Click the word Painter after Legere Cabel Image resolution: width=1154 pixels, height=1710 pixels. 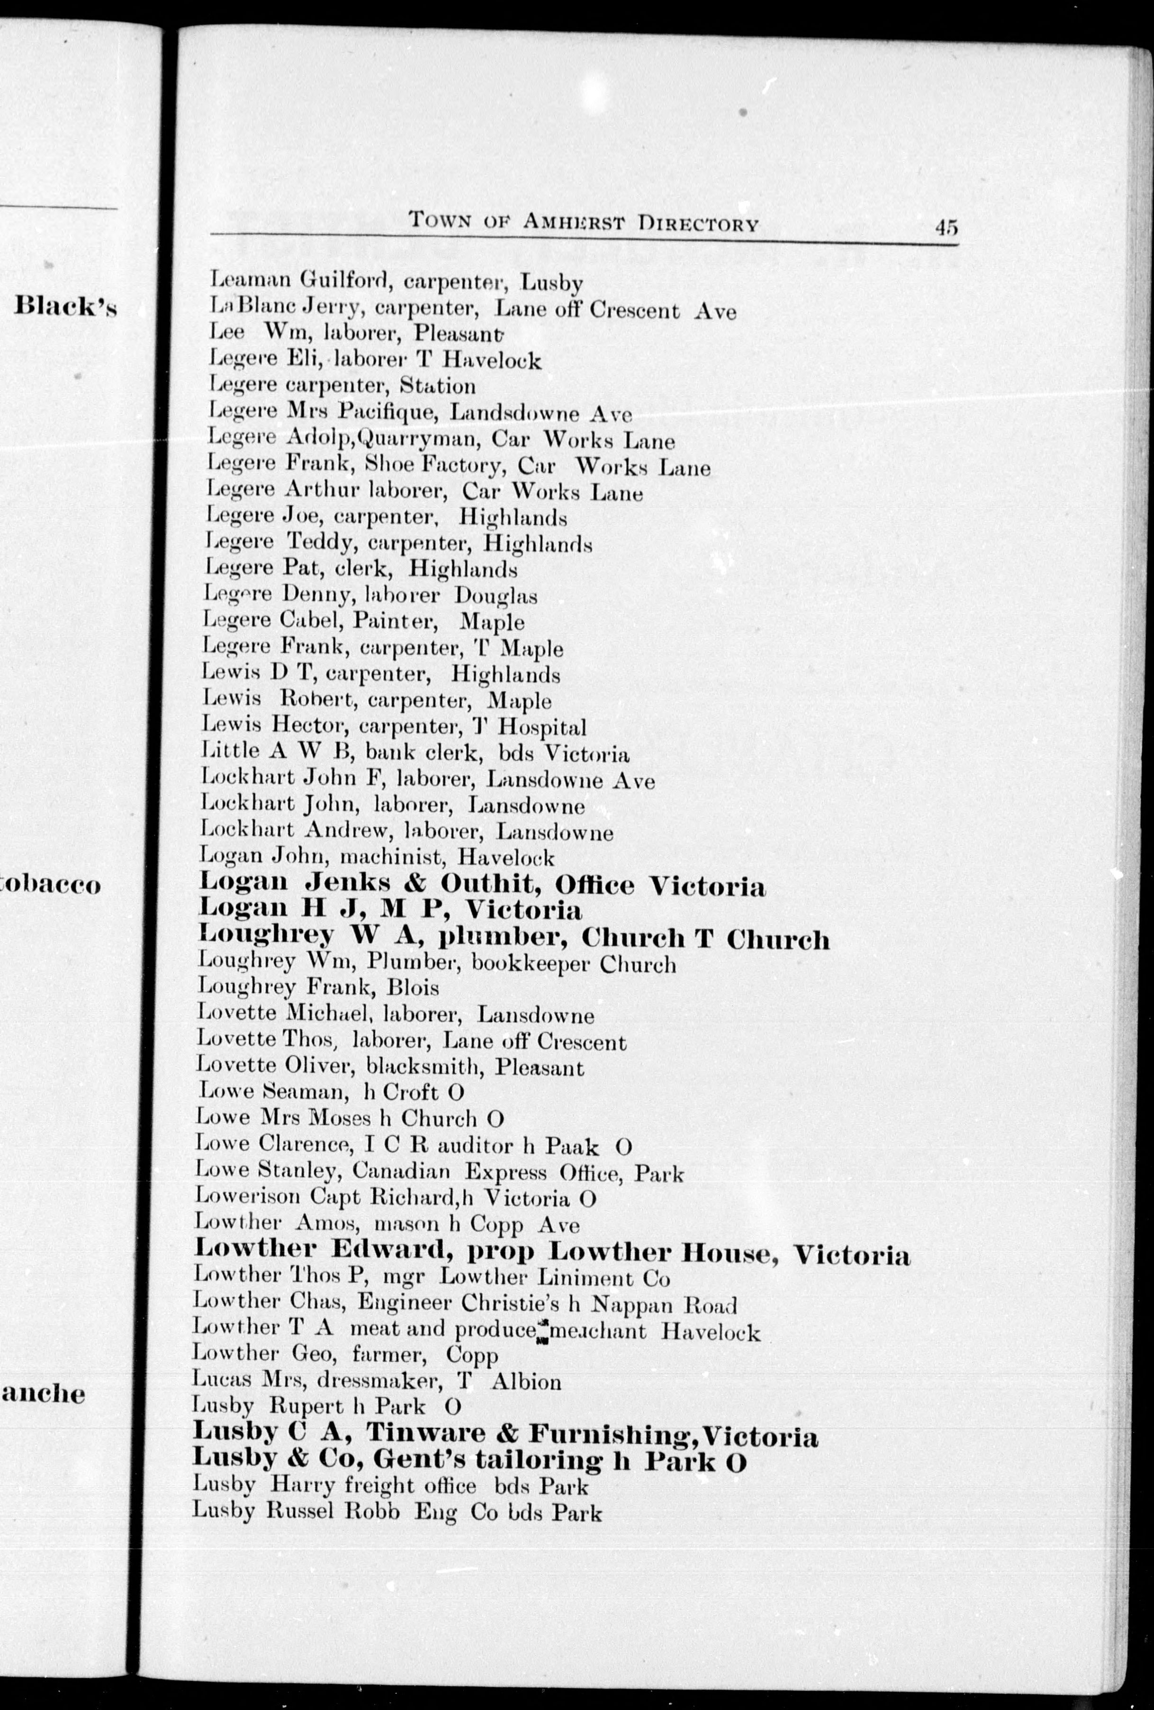(396, 622)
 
